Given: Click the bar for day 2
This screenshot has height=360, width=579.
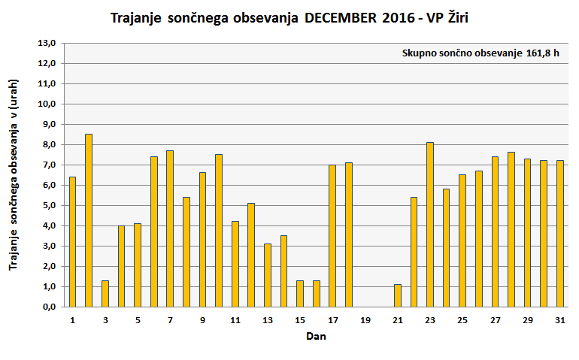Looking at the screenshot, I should [89, 220].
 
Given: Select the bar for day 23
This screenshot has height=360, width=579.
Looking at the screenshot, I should [430, 224].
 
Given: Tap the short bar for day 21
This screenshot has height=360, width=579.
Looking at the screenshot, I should [398, 295].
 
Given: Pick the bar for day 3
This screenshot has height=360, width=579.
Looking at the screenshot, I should [105, 293].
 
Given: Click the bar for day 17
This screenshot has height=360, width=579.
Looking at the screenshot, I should [332, 235].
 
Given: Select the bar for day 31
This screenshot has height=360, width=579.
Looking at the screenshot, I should [559, 233].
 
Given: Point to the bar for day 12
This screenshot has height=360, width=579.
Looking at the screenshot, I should [251, 255].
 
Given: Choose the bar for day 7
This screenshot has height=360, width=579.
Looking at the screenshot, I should [170, 228].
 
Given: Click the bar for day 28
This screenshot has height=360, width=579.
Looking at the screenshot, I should [511, 229].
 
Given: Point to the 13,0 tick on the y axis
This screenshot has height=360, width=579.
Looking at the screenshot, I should [48, 44].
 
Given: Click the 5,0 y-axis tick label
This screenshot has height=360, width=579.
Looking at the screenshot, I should [48, 205].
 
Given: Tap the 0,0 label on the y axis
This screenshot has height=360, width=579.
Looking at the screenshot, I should [48, 307].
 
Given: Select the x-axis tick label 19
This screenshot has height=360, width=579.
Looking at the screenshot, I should [365, 320].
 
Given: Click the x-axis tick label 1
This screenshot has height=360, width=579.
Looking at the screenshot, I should [73, 320].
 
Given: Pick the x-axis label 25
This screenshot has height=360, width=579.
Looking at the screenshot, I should [462, 320].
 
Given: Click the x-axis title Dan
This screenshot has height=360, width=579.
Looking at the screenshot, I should [316, 337].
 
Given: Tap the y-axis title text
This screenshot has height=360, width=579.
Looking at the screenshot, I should [14, 174].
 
